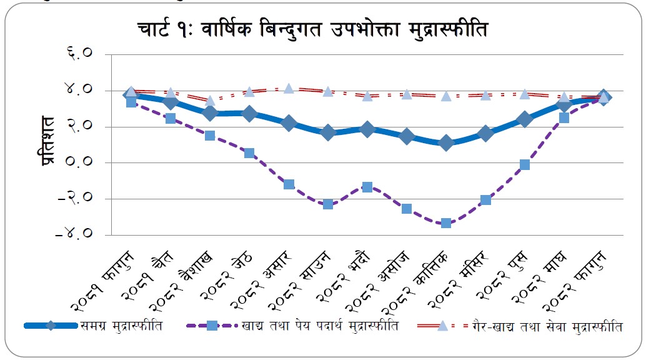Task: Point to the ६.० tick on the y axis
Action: click(80, 54)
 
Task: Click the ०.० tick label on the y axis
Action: click(80, 162)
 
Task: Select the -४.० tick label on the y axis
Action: click(76, 235)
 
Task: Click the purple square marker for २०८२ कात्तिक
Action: click(445, 223)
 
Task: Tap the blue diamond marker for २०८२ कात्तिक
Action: click(445, 143)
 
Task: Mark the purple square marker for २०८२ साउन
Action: click(328, 204)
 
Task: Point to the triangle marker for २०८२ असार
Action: click(289, 88)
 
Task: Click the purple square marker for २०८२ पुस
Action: click(525, 164)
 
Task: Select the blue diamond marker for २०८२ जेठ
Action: click(249, 114)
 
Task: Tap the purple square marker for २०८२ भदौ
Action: click(367, 187)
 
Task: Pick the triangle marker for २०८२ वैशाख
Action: click(210, 101)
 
